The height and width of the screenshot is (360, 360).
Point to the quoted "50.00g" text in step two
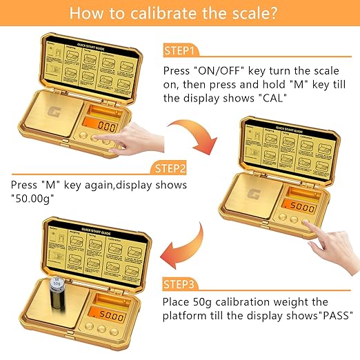point(35,199)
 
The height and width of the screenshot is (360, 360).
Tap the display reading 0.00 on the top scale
point(106,127)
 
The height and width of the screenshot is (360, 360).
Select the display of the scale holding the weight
point(106,315)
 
